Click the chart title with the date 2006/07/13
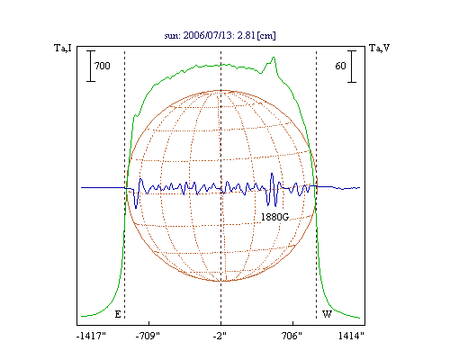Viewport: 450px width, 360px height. [x=220, y=35]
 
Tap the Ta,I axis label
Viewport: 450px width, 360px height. [x=63, y=48]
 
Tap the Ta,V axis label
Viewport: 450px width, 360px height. [x=379, y=48]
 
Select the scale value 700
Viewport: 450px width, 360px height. [x=103, y=66]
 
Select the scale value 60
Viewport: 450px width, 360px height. [x=340, y=66]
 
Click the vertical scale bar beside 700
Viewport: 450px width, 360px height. [x=91, y=66]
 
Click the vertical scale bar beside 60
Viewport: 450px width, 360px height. [x=352, y=67]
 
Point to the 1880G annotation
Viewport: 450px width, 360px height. [x=274, y=217]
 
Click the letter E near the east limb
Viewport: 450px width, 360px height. [x=118, y=314]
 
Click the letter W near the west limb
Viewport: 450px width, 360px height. [x=327, y=314]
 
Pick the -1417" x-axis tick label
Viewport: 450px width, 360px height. [x=91, y=336]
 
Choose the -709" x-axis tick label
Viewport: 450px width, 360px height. [x=148, y=336]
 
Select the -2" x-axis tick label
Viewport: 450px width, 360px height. [x=220, y=336]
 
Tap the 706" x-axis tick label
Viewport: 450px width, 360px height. [x=292, y=336]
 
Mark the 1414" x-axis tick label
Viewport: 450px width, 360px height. [x=351, y=336]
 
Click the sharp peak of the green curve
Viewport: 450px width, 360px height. [x=274, y=58]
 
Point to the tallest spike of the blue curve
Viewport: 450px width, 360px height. [x=272, y=174]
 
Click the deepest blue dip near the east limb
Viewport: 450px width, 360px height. [x=136, y=208]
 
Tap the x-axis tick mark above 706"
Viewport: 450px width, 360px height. [x=292, y=323]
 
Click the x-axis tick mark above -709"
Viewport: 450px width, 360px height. [x=148, y=323]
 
